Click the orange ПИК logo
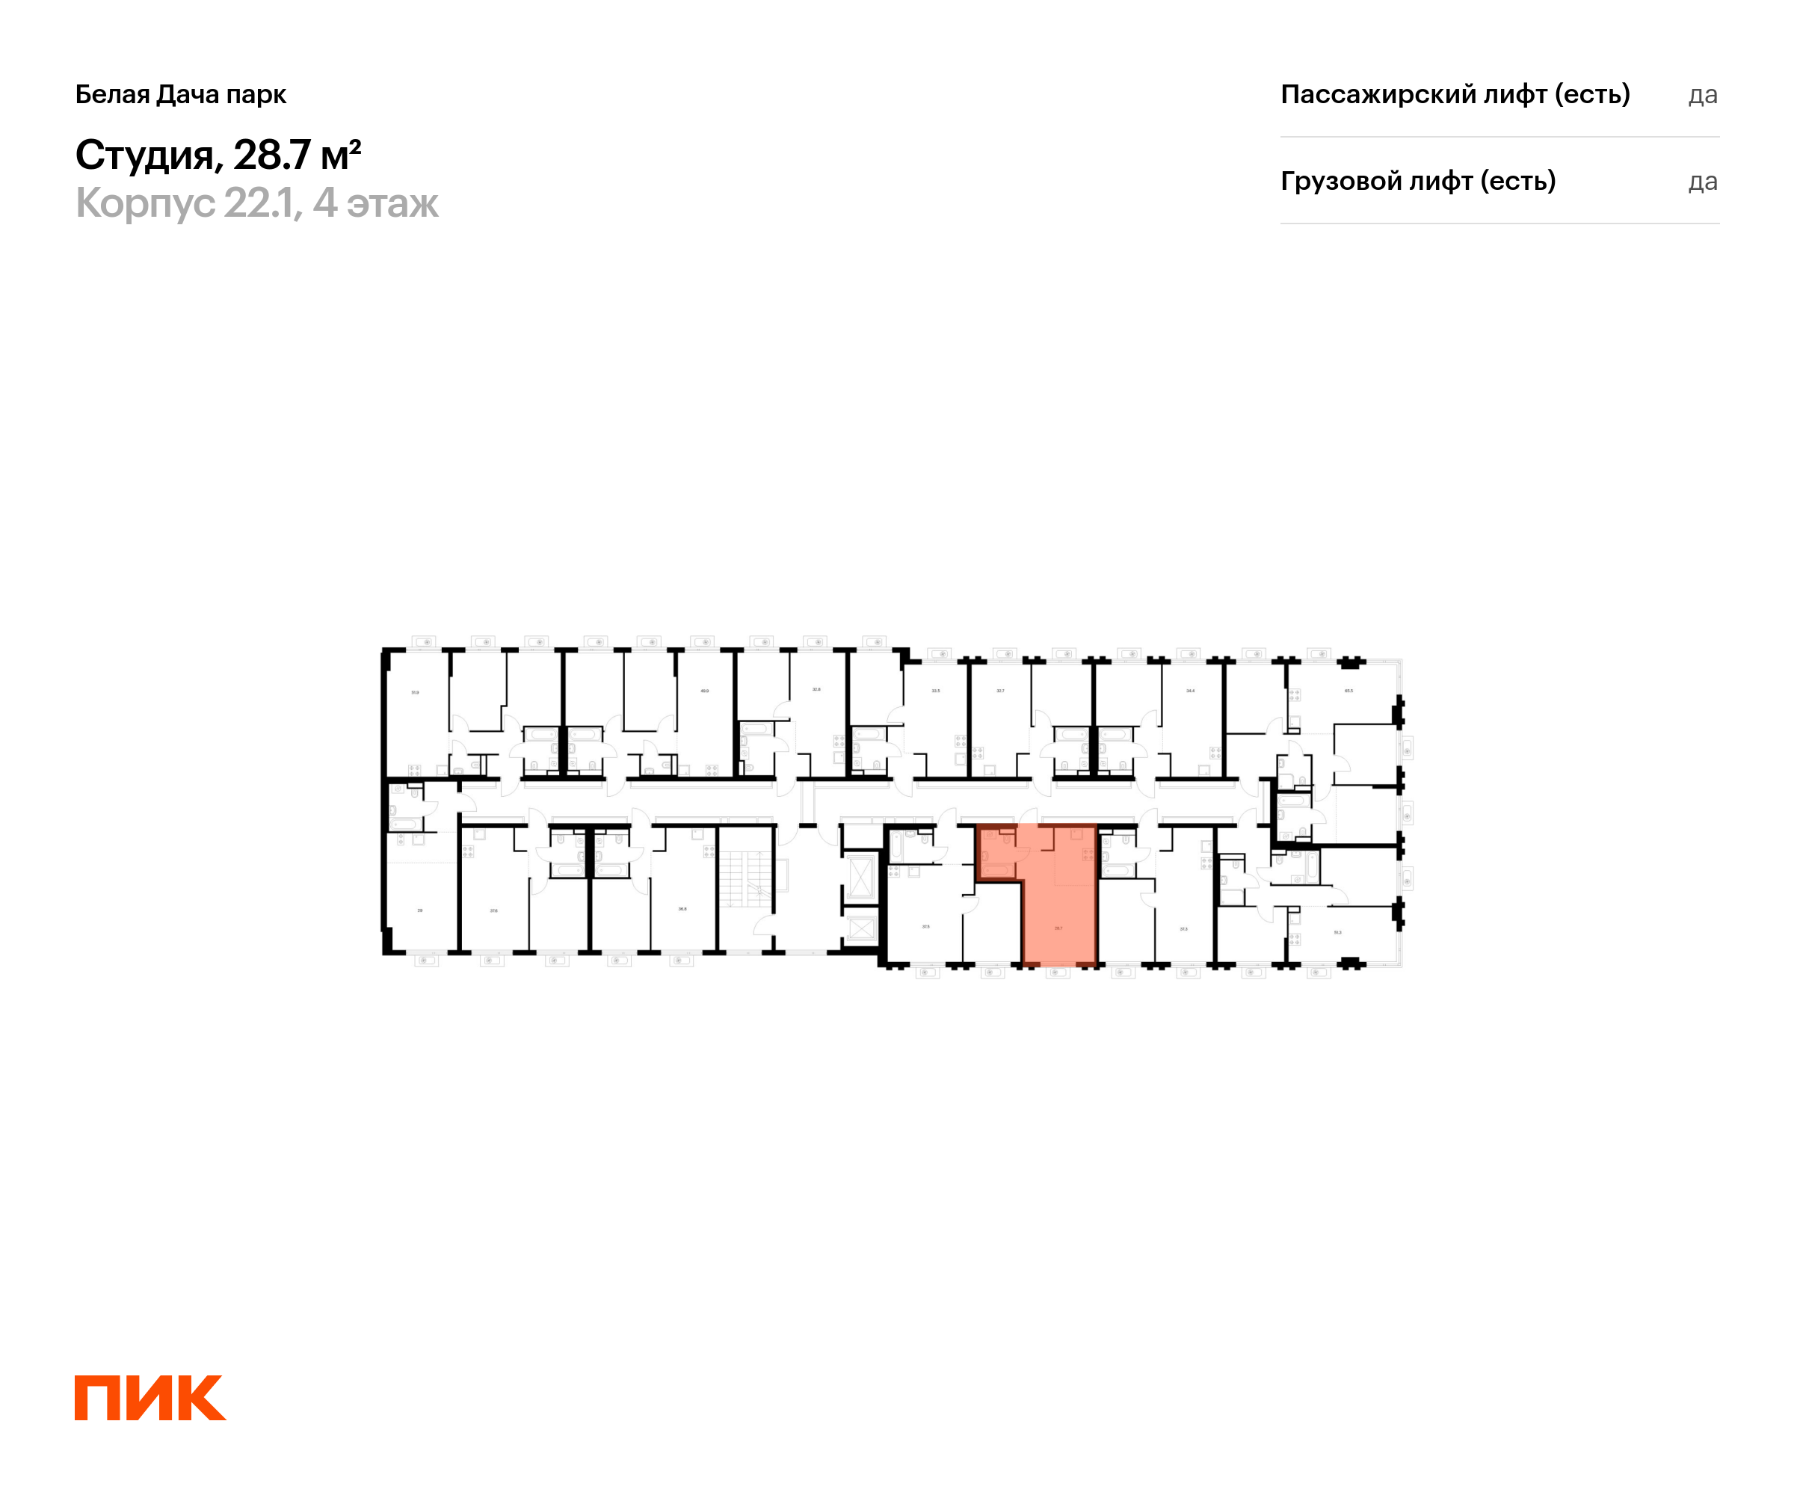[x=149, y=1398]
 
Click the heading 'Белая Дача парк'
[x=180, y=94]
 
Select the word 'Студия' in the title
[x=144, y=155]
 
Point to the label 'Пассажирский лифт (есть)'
[x=1455, y=94]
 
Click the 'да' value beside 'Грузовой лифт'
[x=1703, y=181]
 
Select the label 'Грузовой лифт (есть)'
[x=1417, y=181]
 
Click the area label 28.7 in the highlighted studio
[x=1058, y=928]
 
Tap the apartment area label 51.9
[x=415, y=692]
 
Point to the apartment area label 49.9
[x=704, y=690]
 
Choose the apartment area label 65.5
[x=1349, y=690]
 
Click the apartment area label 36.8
[x=682, y=909]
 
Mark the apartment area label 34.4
[x=1190, y=690]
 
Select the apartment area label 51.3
[x=1337, y=932]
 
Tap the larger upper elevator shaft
[x=860, y=878]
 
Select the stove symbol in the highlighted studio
[x=1088, y=854]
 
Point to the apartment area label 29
[x=419, y=910]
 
